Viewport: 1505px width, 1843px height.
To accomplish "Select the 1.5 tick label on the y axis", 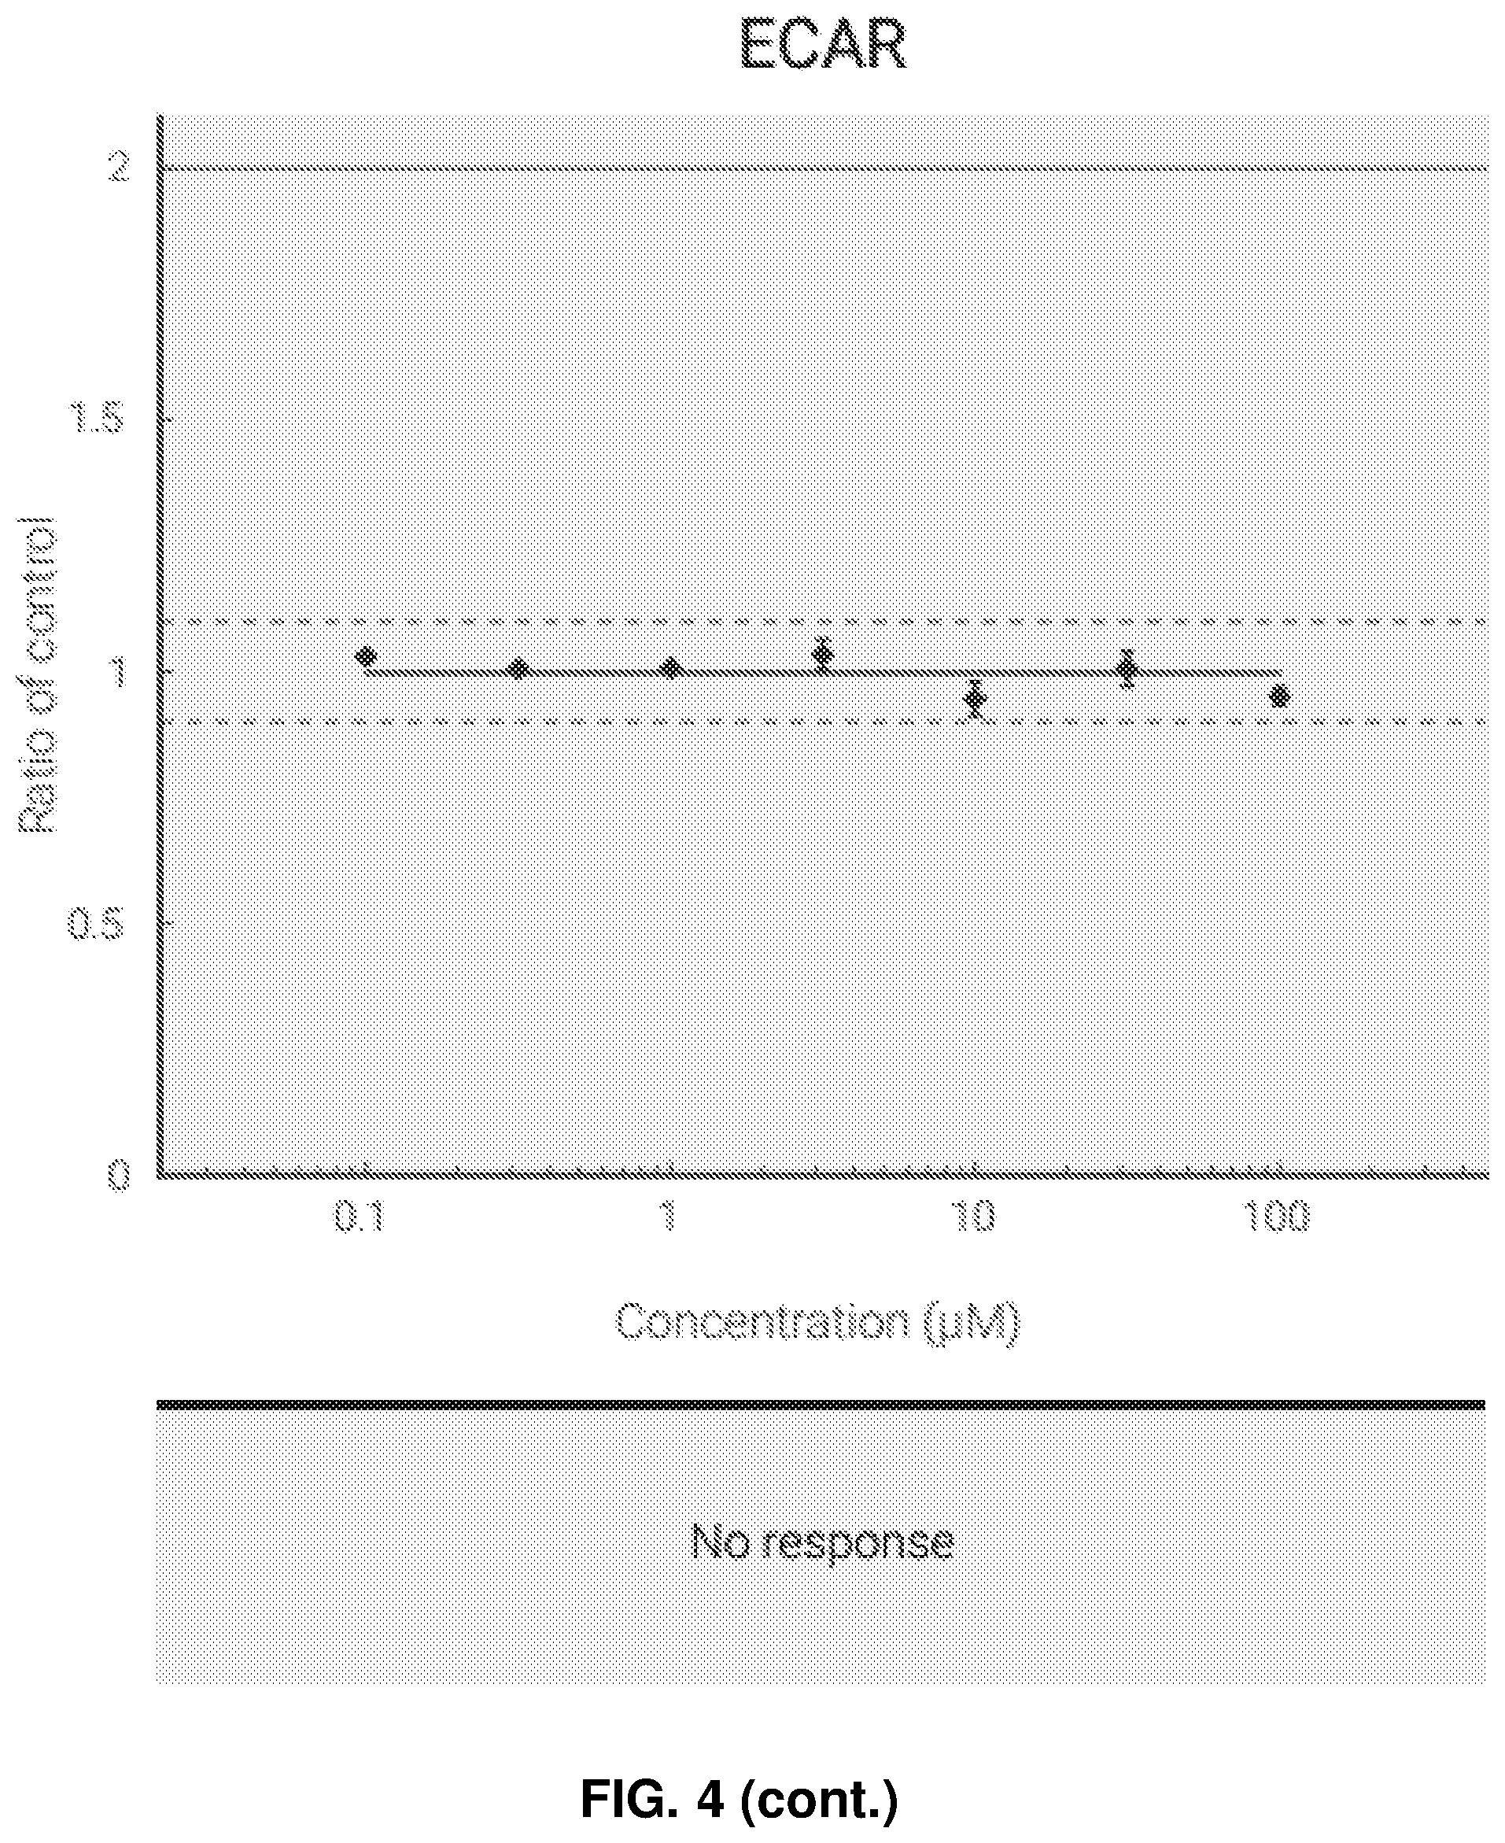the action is (96, 419).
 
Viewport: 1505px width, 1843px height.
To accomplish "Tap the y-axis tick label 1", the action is (117, 671).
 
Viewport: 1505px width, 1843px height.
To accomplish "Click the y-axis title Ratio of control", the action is (37, 674).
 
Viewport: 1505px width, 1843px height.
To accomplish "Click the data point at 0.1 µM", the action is (366, 656).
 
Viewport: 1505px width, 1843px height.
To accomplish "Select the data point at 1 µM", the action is (670, 668).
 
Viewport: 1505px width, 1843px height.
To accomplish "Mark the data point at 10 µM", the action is (976, 698).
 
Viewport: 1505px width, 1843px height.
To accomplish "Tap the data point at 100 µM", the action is (1278, 696).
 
